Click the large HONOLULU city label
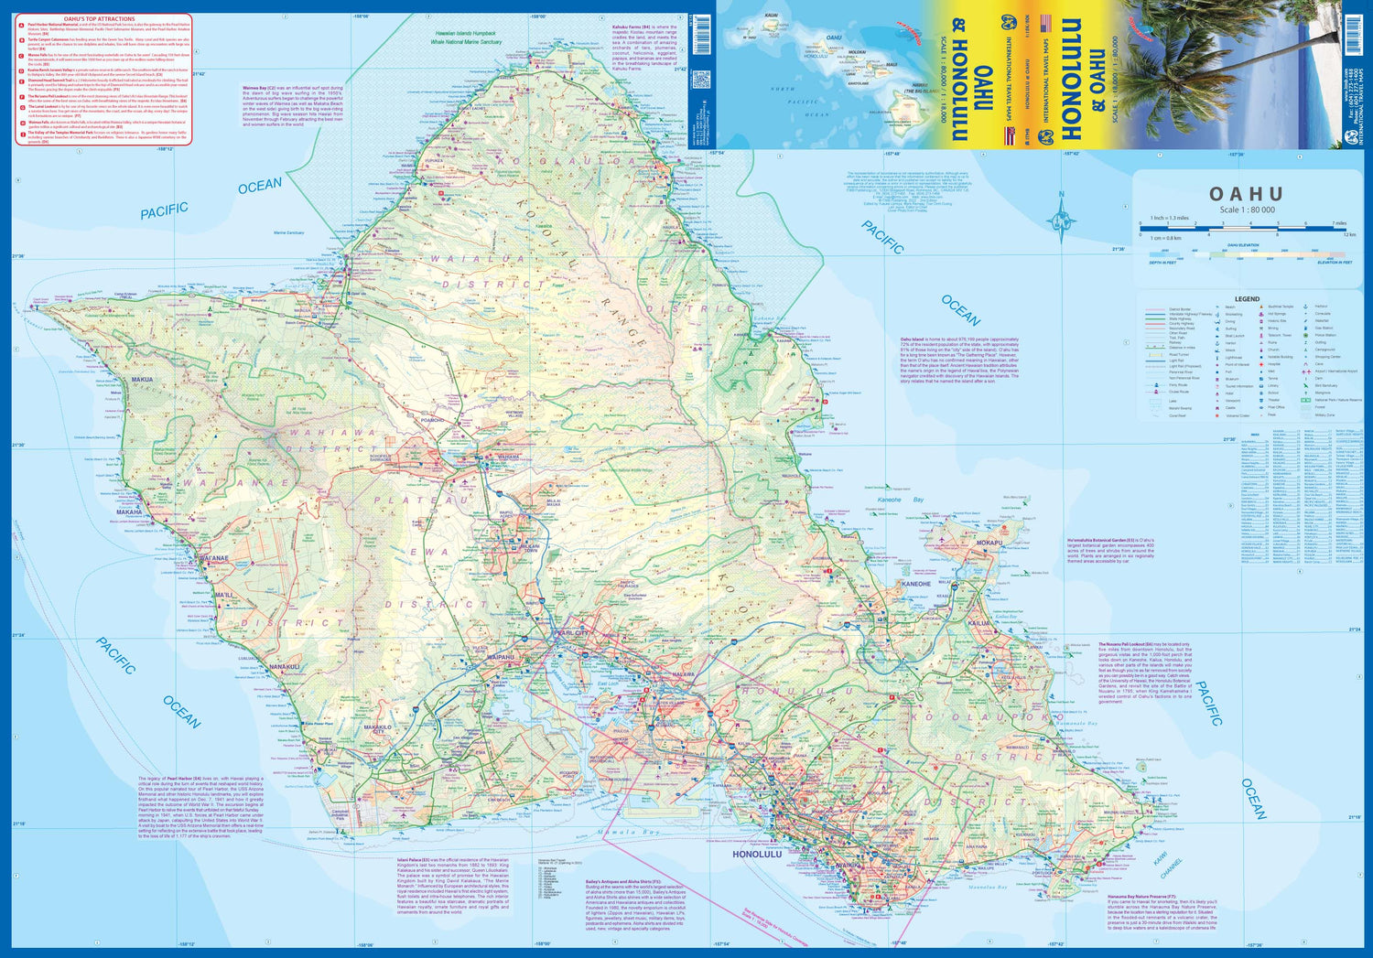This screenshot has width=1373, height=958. (757, 855)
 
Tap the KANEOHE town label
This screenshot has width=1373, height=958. (915, 584)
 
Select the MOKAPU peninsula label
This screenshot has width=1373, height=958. (989, 543)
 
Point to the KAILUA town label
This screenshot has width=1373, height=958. (980, 623)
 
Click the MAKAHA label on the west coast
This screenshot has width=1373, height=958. (129, 512)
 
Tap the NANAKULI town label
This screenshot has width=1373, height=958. (285, 667)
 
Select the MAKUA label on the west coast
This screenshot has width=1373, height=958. (142, 380)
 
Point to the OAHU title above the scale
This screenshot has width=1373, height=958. (1246, 194)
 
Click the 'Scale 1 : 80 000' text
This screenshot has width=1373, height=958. (1246, 210)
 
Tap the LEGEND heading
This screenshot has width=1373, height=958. (1247, 299)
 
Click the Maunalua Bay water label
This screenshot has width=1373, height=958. (988, 888)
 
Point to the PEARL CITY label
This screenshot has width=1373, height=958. (571, 633)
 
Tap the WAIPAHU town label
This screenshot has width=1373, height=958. (501, 657)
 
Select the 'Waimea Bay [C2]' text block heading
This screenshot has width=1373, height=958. (260, 88)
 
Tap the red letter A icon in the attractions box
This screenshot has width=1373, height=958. (21, 26)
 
